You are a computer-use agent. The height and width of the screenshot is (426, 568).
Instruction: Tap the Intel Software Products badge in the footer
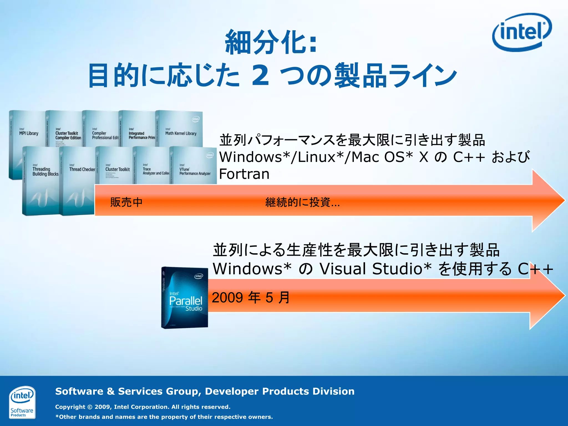(22, 402)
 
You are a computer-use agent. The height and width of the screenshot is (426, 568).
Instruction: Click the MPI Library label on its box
(29, 133)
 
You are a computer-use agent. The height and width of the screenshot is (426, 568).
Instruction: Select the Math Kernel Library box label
(181, 133)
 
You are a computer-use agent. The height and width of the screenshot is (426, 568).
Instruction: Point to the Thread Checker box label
(82, 169)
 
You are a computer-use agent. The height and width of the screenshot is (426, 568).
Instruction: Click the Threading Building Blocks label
(45, 171)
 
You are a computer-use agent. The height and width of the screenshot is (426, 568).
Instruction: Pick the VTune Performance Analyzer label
(195, 171)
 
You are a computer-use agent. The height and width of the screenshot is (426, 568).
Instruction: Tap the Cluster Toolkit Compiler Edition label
(68, 135)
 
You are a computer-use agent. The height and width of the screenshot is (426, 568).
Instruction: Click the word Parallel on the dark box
(186, 301)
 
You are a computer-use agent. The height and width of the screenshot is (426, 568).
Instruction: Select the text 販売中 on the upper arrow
(126, 202)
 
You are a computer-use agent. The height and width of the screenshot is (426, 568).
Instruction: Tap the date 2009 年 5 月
(251, 298)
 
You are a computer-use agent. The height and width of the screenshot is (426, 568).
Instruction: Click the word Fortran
(244, 174)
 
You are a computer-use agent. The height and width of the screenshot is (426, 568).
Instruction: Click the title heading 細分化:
(271, 42)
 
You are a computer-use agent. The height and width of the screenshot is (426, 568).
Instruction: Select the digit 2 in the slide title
(260, 75)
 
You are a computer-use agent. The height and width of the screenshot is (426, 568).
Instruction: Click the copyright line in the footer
(143, 407)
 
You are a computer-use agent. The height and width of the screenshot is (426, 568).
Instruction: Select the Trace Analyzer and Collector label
(156, 171)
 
